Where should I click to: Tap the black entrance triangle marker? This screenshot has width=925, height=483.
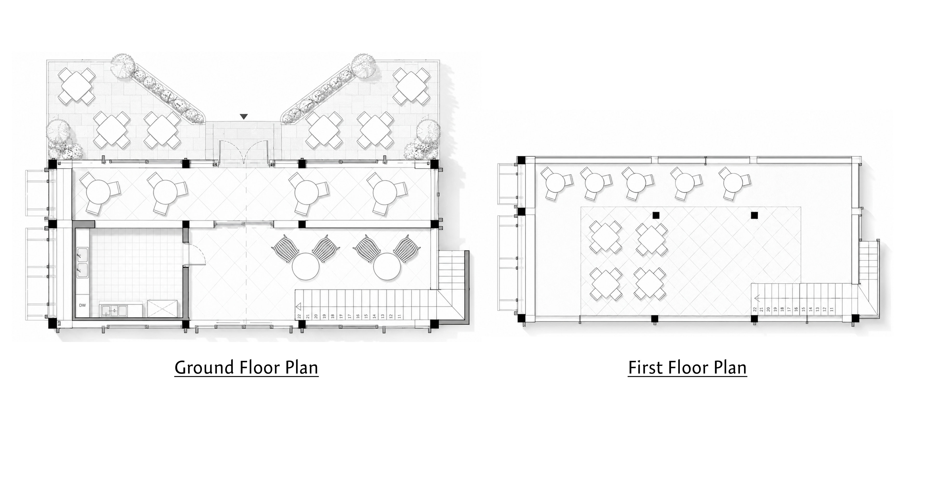coord(244,116)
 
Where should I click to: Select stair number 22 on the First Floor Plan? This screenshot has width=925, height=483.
coord(755,309)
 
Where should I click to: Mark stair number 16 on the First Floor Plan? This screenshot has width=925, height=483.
coord(796,309)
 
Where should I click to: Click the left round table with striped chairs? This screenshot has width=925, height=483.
coord(306,266)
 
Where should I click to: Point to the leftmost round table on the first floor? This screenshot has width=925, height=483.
coord(556,183)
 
